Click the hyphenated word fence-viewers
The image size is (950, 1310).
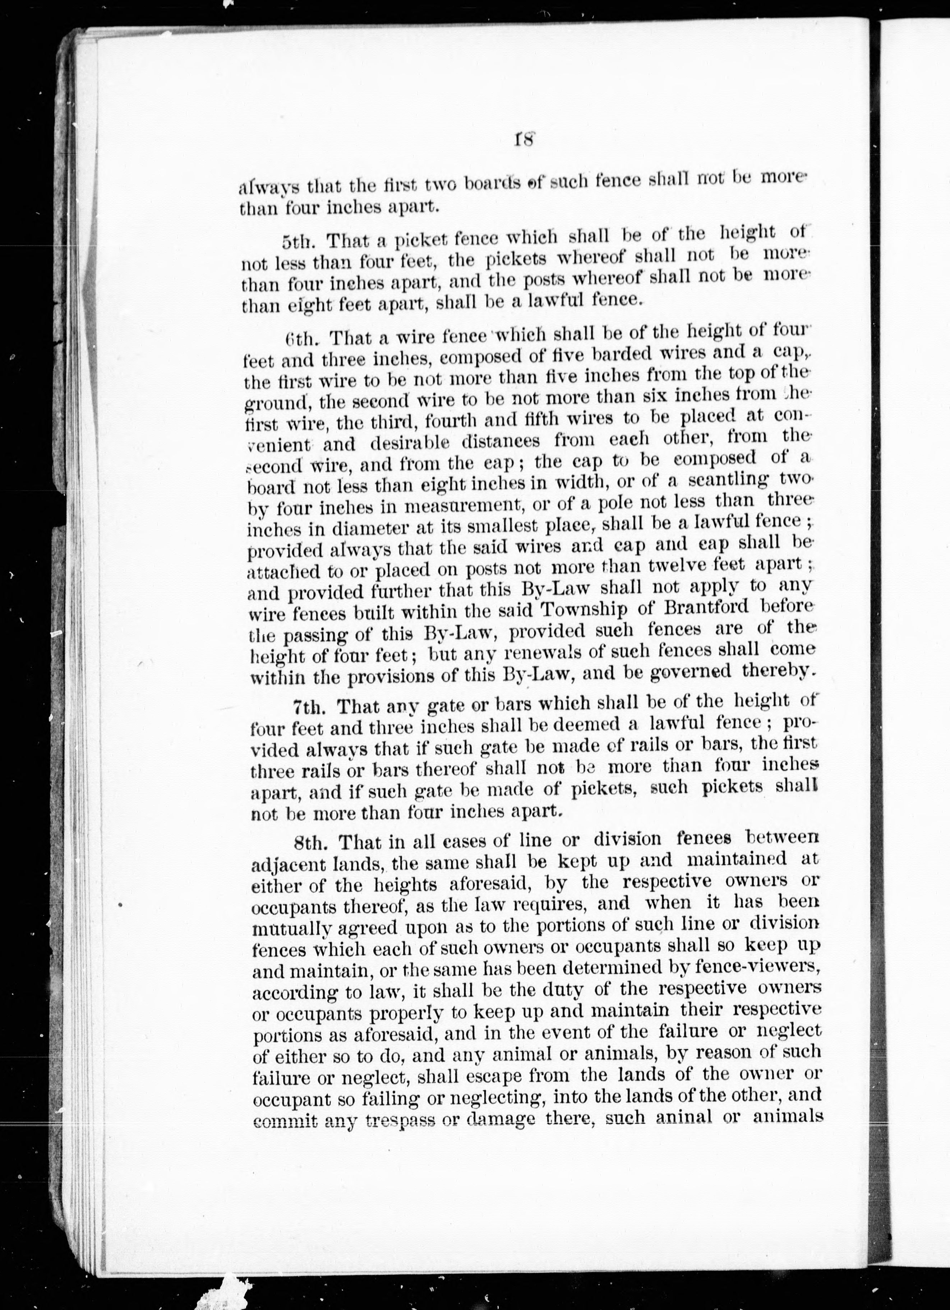pyautogui.click(x=765, y=966)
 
